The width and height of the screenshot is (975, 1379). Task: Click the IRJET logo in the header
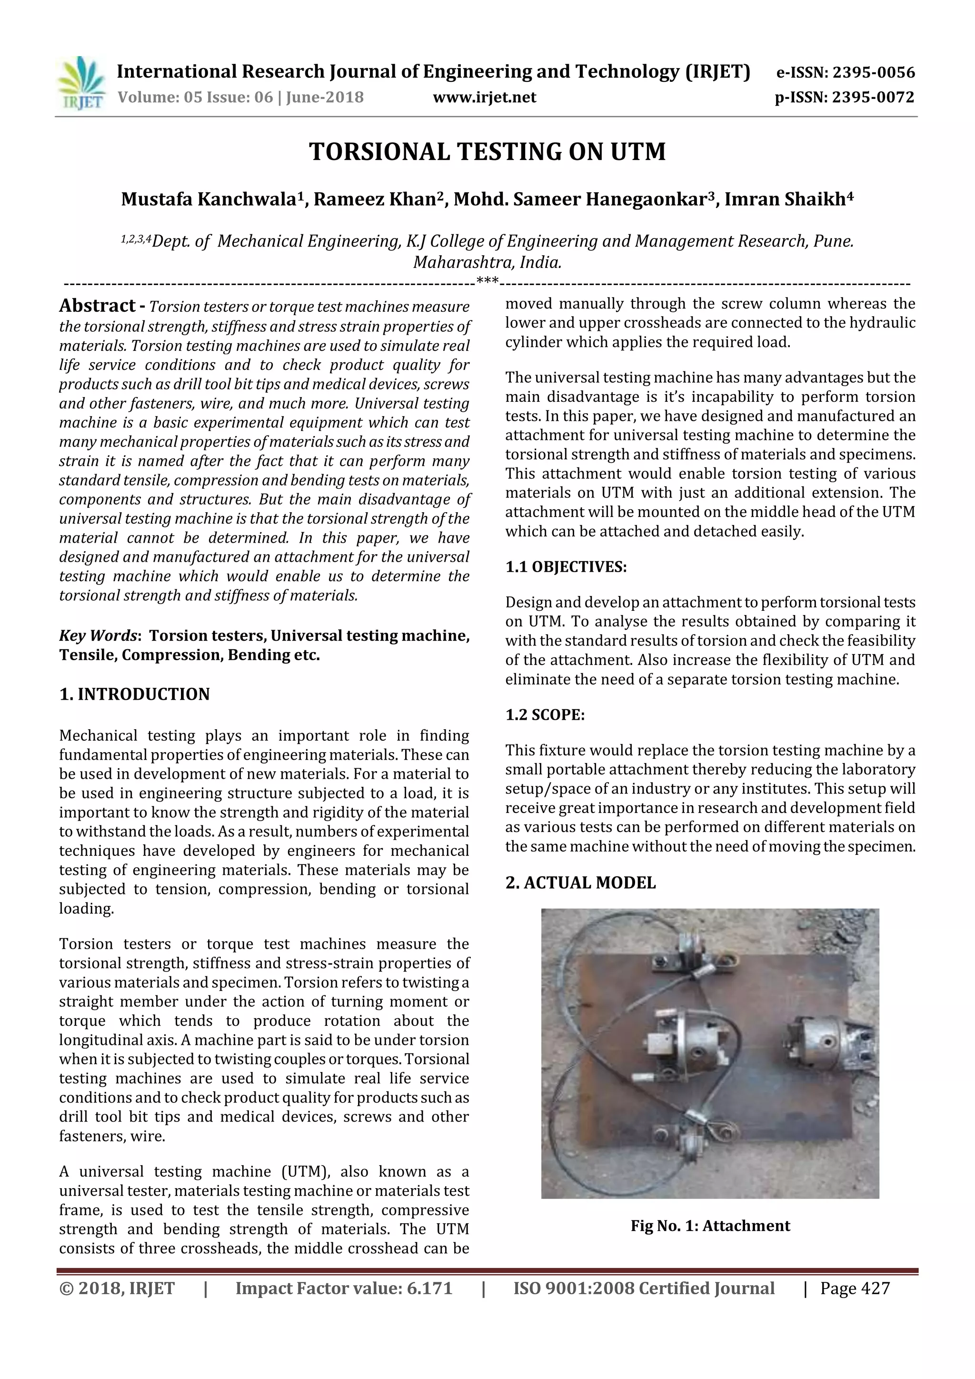pyautogui.click(x=80, y=83)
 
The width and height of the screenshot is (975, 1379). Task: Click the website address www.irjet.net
pyautogui.click(x=484, y=97)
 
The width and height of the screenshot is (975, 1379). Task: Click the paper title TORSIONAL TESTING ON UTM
pyautogui.click(x=487, y=151)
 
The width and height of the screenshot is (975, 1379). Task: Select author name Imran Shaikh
pyautogui.click(x=785, y=199)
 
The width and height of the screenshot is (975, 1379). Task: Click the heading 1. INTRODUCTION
pyautogui.click(x=135, y=694)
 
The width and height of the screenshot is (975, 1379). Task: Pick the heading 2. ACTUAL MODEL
pyautogui.click(x=580, y=883)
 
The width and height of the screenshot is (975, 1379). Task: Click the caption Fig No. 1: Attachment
pyautogui.click(x=710, y=1226)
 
